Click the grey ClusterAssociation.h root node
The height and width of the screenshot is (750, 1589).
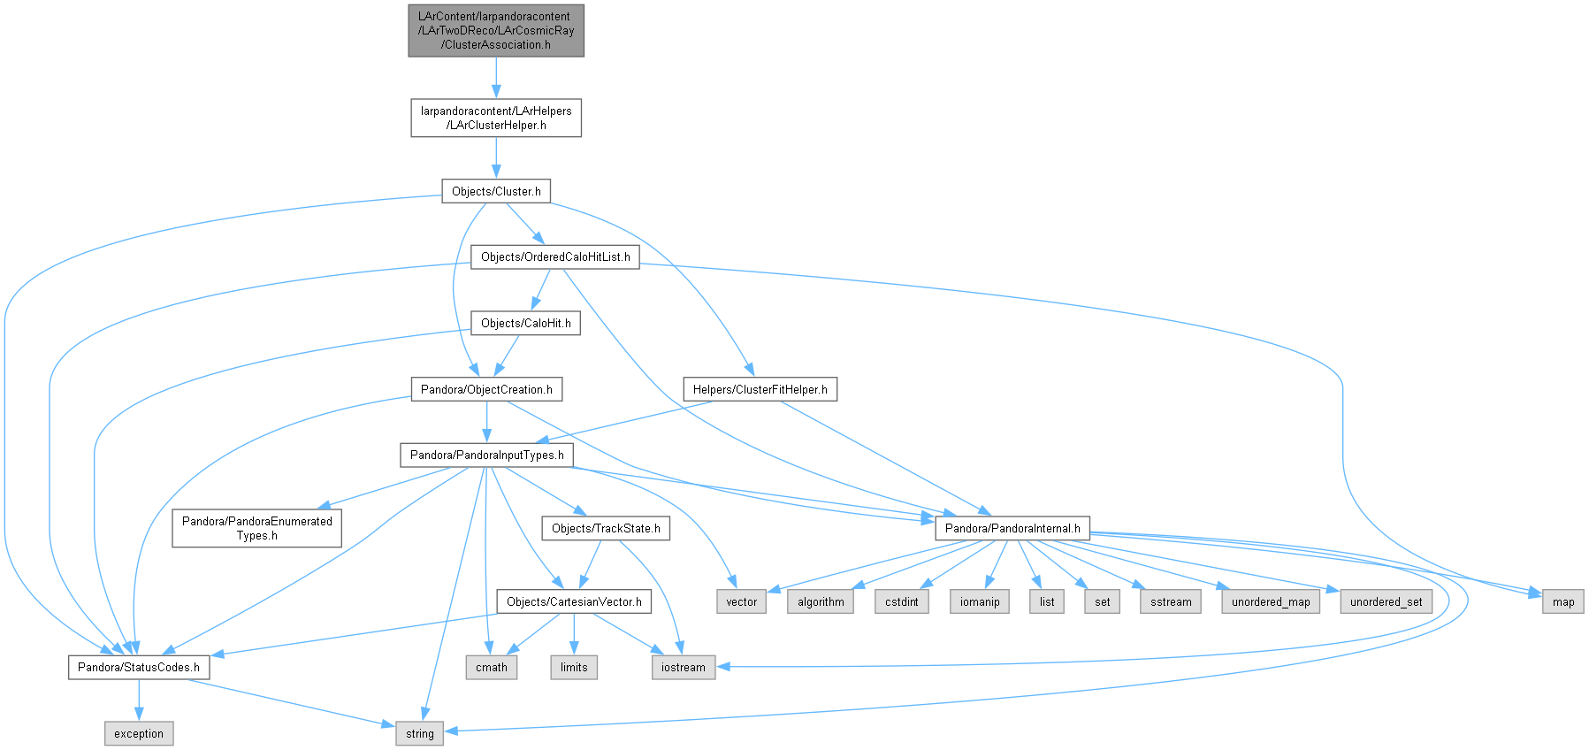pyautogui.click(x=496, y=31)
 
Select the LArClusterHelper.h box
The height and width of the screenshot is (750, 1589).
pyautogui.click(x=496, y=118)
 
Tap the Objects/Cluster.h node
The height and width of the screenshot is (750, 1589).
pyautogui.click(x=496, y=191)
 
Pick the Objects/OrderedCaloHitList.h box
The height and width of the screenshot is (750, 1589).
pyautogui.click(x=555, y=257)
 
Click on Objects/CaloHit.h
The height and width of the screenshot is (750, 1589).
pyautogui.click(x=525, y=324)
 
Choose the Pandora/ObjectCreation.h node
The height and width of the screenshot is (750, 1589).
pyautogui.click(x=486, y=389)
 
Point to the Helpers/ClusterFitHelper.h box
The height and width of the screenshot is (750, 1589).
pyautogui.click(x=760, y=389)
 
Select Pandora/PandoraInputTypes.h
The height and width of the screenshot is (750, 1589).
pyautogui.click(x=486, y=455)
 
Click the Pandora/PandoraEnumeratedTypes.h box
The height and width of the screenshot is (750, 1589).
pyautogui.click(x=257, y=528)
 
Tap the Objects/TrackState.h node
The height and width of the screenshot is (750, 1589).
pyautogui.click(x=606, y=529)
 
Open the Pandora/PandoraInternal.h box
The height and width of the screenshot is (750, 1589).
pyautogui.click(x=1012, y=529)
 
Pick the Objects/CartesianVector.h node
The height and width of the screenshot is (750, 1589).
pyautogui.click(x=574, y=602)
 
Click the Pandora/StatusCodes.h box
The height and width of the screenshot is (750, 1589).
pyautogui.click(x=139, y=668)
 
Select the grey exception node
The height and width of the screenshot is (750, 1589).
pyautogui.click(x=139, y=734)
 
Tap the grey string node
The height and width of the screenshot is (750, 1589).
pyautogui.click(x=420, y=734)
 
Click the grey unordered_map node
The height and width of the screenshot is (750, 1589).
pyautogui.click(x=1271, y=602)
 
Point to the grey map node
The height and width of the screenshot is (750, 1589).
pyautogui.click(x=1563, y=602)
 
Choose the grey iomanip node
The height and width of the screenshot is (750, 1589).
pyautogui.click(x=980, y=602)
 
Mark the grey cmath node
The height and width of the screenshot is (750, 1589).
pyautogui.click(x=492, y=668)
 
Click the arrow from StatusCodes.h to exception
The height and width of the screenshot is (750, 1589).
pyautogui.click(x=139, y=700)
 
